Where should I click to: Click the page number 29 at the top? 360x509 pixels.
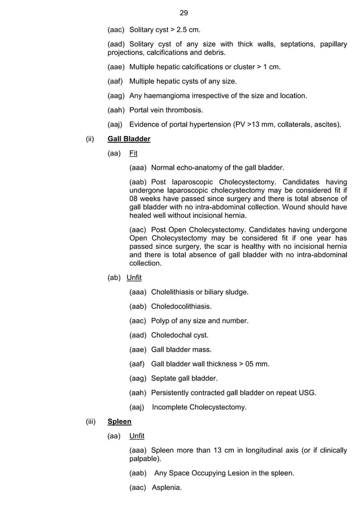click(183, 12)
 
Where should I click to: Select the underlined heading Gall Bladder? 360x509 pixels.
click(129, 138)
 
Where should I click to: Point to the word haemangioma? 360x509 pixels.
click(170, 95)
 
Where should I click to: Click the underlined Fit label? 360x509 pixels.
click(133, 153)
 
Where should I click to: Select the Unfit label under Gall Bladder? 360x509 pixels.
click(134, 278)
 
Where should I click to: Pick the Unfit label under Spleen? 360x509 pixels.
click(137, 436)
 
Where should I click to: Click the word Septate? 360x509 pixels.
click(165, 378)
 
